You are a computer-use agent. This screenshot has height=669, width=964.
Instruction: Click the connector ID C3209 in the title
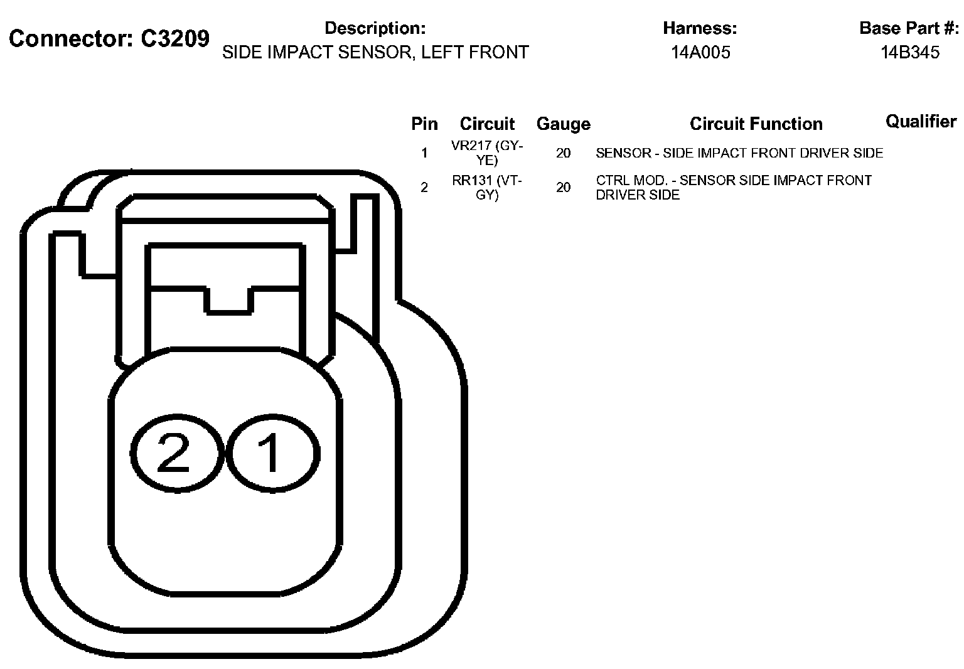174,39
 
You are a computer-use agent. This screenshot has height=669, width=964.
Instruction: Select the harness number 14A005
700,53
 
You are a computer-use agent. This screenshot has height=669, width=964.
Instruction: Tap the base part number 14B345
910,53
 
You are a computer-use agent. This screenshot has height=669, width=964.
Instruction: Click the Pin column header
424,124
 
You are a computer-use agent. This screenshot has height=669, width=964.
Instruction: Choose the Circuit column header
487,124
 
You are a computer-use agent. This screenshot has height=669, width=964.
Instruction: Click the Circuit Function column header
756,124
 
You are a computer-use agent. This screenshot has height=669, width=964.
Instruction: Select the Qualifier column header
921,122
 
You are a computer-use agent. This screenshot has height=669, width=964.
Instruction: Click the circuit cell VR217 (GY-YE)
487,153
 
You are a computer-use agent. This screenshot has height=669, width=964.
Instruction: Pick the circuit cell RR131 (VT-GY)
487,188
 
